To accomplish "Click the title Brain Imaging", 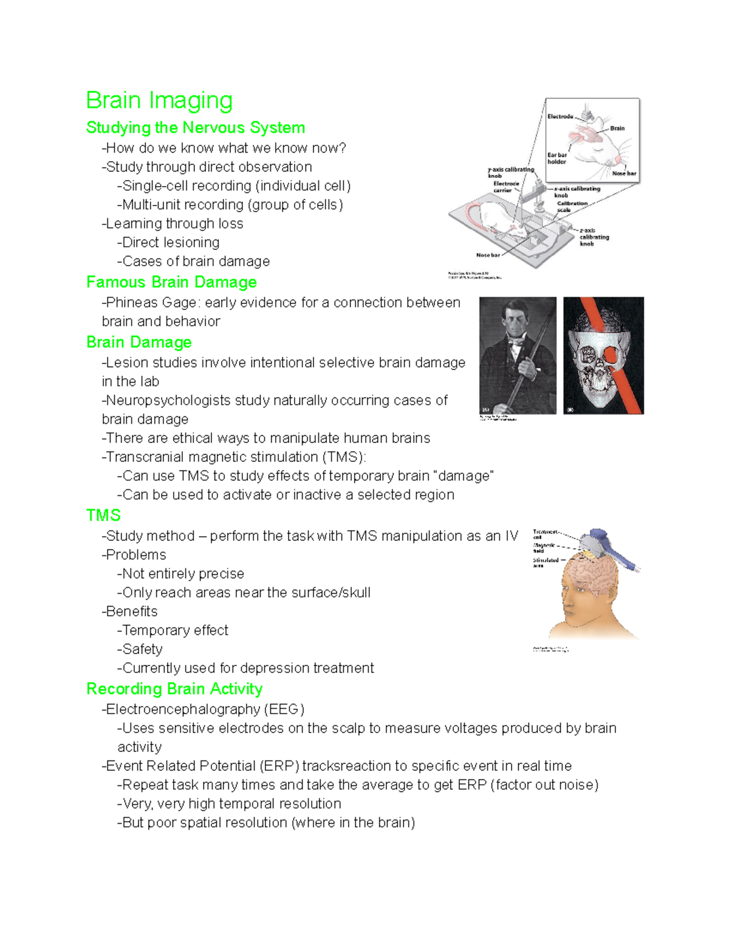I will pos(159,101).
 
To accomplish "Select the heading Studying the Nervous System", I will pos(196,128).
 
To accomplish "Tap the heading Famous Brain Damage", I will pos(171,282).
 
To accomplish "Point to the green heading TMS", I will pos(103,515).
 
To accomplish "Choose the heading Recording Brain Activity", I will pos(174,689).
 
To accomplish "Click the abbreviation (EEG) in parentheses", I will pos(284,709).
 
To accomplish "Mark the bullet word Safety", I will pos(142,649).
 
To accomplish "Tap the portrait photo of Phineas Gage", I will pos(518,356).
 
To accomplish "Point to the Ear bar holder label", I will pos(557,159).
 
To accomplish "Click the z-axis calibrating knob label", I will pos(594,237).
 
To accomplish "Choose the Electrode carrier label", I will pos(505,187).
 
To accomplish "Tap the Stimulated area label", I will pos(545,562).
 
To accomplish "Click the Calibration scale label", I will pos(572,207).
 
